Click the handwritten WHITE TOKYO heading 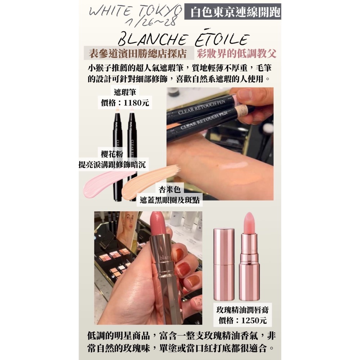coord(135,11)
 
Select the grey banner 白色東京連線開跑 coord(233,12)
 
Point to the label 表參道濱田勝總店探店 coord(138,54)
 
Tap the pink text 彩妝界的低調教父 coord(237,54)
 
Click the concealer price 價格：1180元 coord(125,103)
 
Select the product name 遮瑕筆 coord(125,92)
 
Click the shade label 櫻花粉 coord(112,154)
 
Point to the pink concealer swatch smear coord(103,184)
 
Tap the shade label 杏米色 coord(170,189)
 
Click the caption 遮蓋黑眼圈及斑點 coord(170,200)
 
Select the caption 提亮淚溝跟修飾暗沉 coord(112,165)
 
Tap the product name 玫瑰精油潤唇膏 coord(242,310)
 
